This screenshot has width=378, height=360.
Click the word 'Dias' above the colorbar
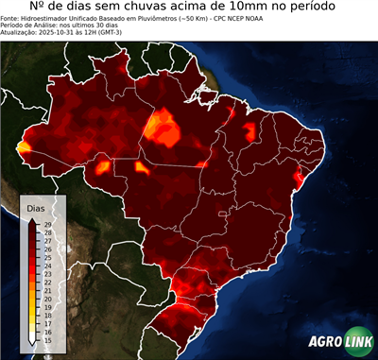[x=35, y=207]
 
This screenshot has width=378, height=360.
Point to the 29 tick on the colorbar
[x=46, y=223]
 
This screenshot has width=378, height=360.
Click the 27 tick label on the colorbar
[x=46, y=240]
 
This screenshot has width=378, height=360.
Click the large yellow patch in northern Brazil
[x=163, y=127]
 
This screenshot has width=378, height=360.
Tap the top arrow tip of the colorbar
[x=34, y=216]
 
